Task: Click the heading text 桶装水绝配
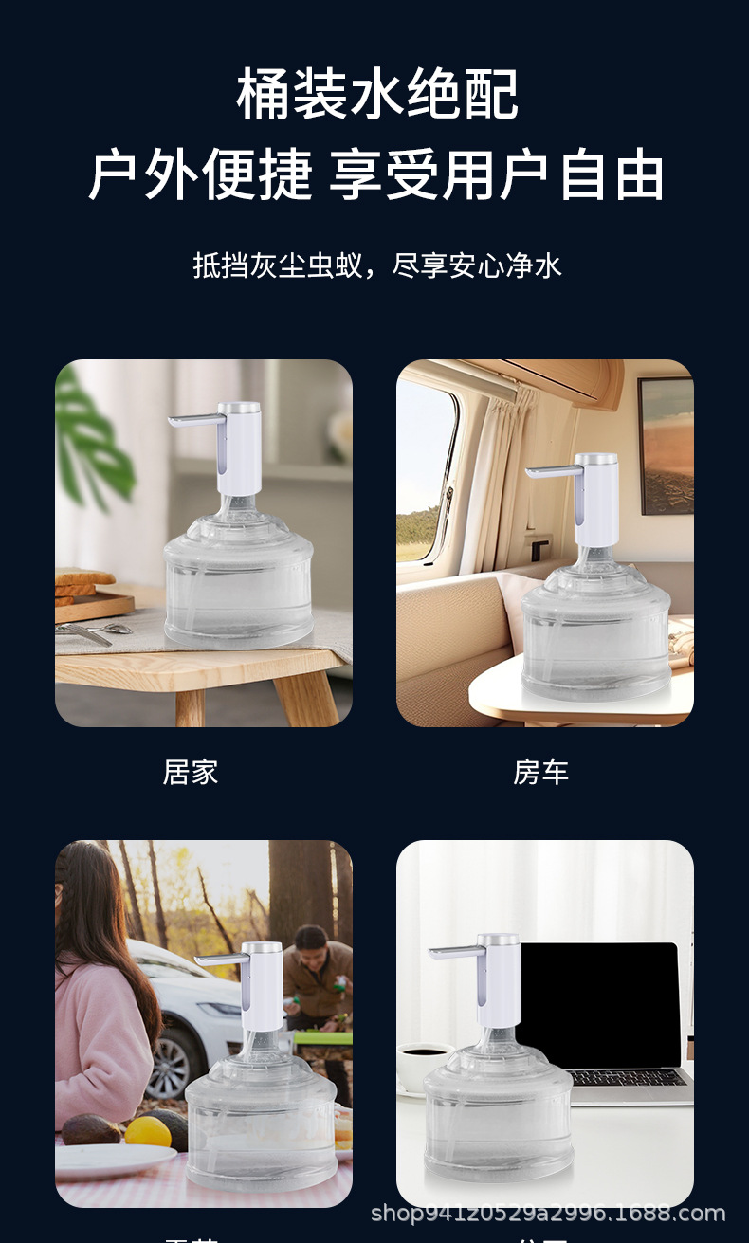click(377, 95)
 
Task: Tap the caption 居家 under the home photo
click(191, 773)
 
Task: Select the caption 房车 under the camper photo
click(540, 773)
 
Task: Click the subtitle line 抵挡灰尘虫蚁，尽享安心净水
click(377, 265)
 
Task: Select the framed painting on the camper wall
click(666, 446)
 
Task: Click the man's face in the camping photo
click(311, 941)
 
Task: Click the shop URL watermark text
click(547, 1214)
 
